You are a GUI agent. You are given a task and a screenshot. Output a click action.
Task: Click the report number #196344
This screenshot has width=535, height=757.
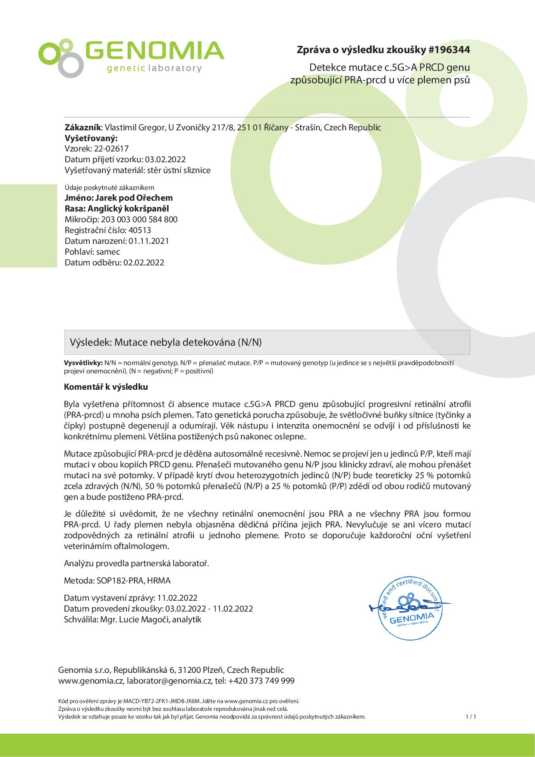(x=449, y=50)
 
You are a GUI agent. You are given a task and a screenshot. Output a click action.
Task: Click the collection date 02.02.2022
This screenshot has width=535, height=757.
(x=144, y=262)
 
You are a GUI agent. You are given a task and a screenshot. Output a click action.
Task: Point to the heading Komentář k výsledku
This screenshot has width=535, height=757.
(x=106, y=387)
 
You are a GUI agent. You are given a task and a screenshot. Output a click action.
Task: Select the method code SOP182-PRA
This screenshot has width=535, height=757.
(x=122, y=580)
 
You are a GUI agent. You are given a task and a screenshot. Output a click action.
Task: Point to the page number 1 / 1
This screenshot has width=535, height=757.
(x=470, y=717)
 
